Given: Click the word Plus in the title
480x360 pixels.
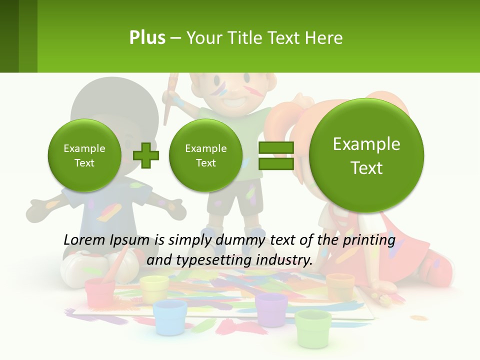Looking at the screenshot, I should pyautogui.click(x=147, y=37).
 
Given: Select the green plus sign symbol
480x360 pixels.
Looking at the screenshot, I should pyautogui.click(x=146, y=155).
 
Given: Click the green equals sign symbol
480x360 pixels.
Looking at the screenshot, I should pyautogui.click(x=276, y=155).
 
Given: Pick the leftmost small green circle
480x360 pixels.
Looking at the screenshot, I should pyautogui.click(x=84, y=155).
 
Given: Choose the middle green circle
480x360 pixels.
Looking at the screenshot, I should pyautogui.click(x=205, y=155).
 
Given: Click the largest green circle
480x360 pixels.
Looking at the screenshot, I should pyautogui.click(x=366, y=155).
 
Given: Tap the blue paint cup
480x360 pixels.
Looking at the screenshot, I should pyautogui.click(x=170, y=316).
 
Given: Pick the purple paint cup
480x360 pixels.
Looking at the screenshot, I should pyautogui.click(x=271, y=309).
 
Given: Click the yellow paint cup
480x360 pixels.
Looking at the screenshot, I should pyautogui.click(x=154, y=288).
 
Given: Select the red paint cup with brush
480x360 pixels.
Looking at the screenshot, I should pyautogui.click(x=100, y=292).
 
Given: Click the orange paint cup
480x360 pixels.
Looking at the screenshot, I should pyautogui.click(x=340, y=286).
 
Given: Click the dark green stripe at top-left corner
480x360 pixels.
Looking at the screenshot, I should pyautogui.click(x=9, y=36).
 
